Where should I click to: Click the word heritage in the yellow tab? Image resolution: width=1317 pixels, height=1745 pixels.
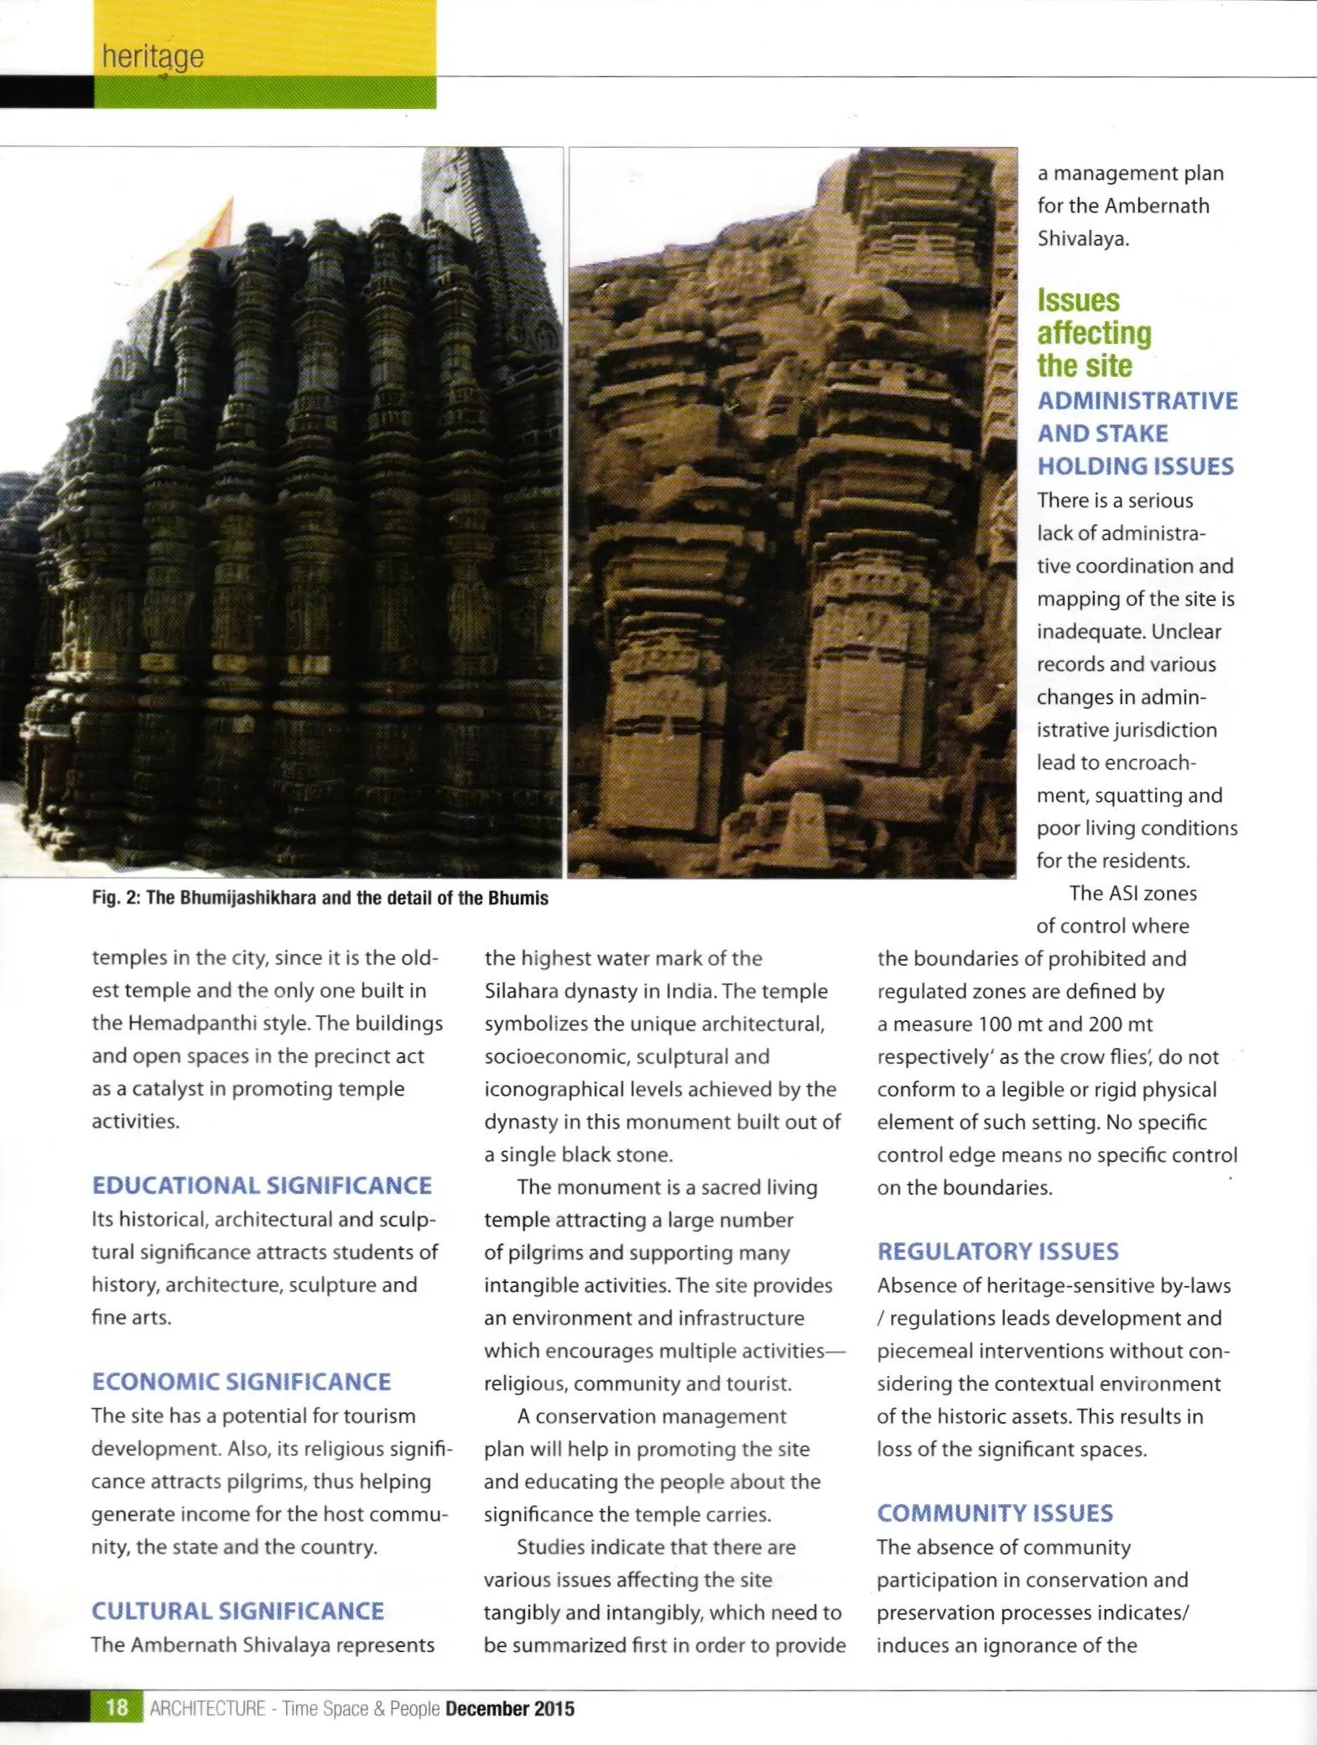(153, 57)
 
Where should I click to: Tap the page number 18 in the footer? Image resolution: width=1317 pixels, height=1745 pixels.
(117, 1708)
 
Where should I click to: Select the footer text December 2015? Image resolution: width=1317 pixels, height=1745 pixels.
(510, 1709)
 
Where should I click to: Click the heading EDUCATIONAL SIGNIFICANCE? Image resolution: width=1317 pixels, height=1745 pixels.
(262, 1185)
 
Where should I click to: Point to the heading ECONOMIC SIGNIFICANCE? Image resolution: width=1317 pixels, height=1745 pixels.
(242, 1382)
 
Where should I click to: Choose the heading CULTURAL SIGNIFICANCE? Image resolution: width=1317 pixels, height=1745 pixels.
(237, 1611)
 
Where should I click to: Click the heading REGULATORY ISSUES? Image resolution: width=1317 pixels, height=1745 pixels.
(997, 1251)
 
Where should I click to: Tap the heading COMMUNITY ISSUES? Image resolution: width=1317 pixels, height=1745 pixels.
(995, 1513)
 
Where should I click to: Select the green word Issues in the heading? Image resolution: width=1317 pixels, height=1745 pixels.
(1078, 300)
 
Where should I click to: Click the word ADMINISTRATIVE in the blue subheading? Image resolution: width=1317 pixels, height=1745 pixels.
(1137, 400)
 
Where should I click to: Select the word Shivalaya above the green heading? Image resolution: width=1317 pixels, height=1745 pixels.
(1083, 238)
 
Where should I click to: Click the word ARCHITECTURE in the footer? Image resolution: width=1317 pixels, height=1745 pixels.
(207, 1709)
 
